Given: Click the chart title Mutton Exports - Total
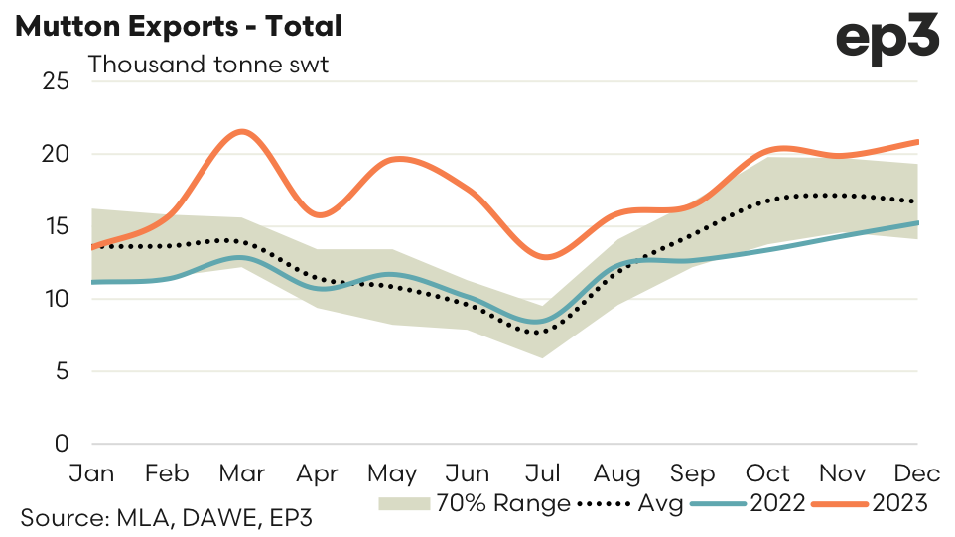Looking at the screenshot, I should coord(179,27).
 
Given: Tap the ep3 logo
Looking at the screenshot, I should coord(887,39).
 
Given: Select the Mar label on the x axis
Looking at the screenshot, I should coord(241,472).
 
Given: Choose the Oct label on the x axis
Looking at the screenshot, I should coord(767,472).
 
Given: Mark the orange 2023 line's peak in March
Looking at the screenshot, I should coord(241,131).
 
